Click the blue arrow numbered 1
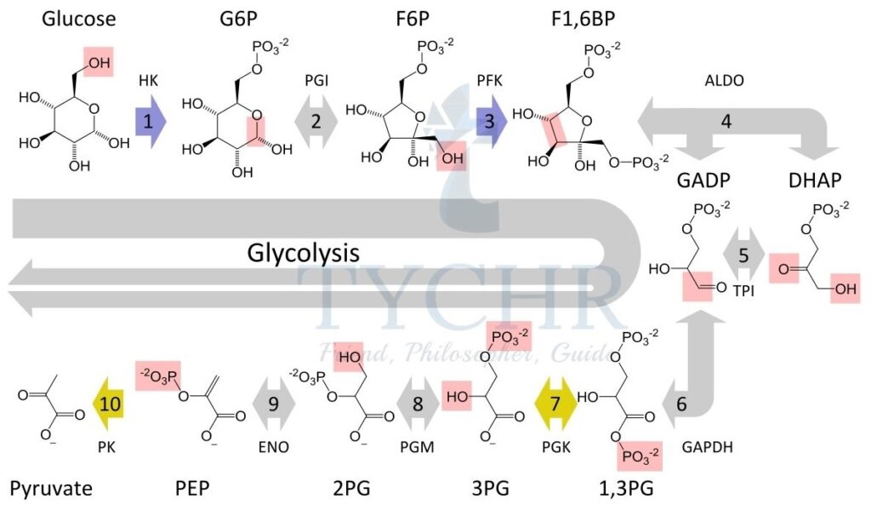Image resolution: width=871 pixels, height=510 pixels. [151, 121]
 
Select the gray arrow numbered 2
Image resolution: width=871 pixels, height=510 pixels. [316, 121]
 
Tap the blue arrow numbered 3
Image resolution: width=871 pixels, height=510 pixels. [491, 121]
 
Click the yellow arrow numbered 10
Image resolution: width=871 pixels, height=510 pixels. [108, 404]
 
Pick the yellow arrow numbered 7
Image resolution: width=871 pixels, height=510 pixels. [556, 404]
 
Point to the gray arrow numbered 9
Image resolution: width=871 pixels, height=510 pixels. [274, 404]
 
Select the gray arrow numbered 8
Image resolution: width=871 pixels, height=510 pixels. [418, 404]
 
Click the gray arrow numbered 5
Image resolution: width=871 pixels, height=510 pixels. [743, 255]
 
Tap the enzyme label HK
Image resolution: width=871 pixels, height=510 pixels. [148, 81]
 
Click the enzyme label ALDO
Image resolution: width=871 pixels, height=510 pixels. [725, 81]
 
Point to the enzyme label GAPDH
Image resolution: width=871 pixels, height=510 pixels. [707, 447]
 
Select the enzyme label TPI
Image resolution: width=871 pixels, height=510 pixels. [743, 290]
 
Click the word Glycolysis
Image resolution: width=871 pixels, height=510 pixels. [304, 253]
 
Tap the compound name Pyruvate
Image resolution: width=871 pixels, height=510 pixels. [51, 489]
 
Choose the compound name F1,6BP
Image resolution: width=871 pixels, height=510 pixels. [584, 19]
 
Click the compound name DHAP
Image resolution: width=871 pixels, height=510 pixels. [815, 181]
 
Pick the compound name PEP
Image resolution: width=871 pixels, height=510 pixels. [192, 489]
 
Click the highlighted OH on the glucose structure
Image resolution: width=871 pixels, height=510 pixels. [99, 62]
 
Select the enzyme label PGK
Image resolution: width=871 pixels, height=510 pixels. [556, 447]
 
